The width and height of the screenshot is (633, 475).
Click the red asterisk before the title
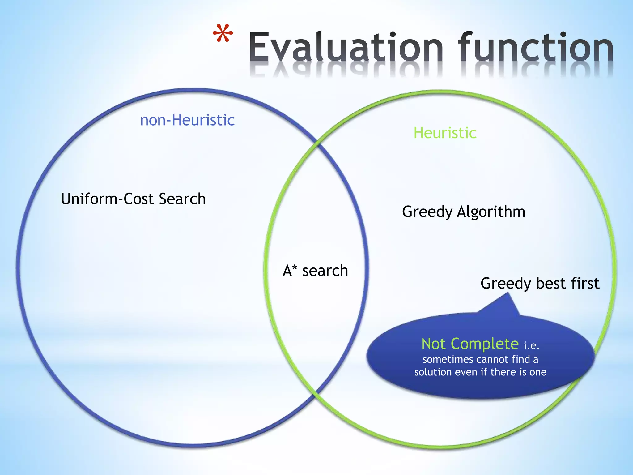pyautogui.click(x=223, y=33)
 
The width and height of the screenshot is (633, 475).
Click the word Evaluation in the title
pyautogui.click(x=346, y=47)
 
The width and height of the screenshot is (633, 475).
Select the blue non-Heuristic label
pyautogui.click(x=187, y=120)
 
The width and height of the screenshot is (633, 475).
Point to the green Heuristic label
pyautogui.click(x=445, y=133)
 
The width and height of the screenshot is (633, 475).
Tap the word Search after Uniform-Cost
pyautogui.click(x=182, y=199)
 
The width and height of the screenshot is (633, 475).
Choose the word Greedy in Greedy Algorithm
pyautogui.click(x=427, y=212)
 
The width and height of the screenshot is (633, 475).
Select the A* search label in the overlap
pyautogui.click(x=315, y=271)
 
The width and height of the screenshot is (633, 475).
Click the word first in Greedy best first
pyautogui.click(x=585, y=283)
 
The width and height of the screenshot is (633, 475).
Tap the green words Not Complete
pyautogui.click(x=470, y=344)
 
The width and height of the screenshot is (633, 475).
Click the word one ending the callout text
pyautogui.click(x=538, y=372)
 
